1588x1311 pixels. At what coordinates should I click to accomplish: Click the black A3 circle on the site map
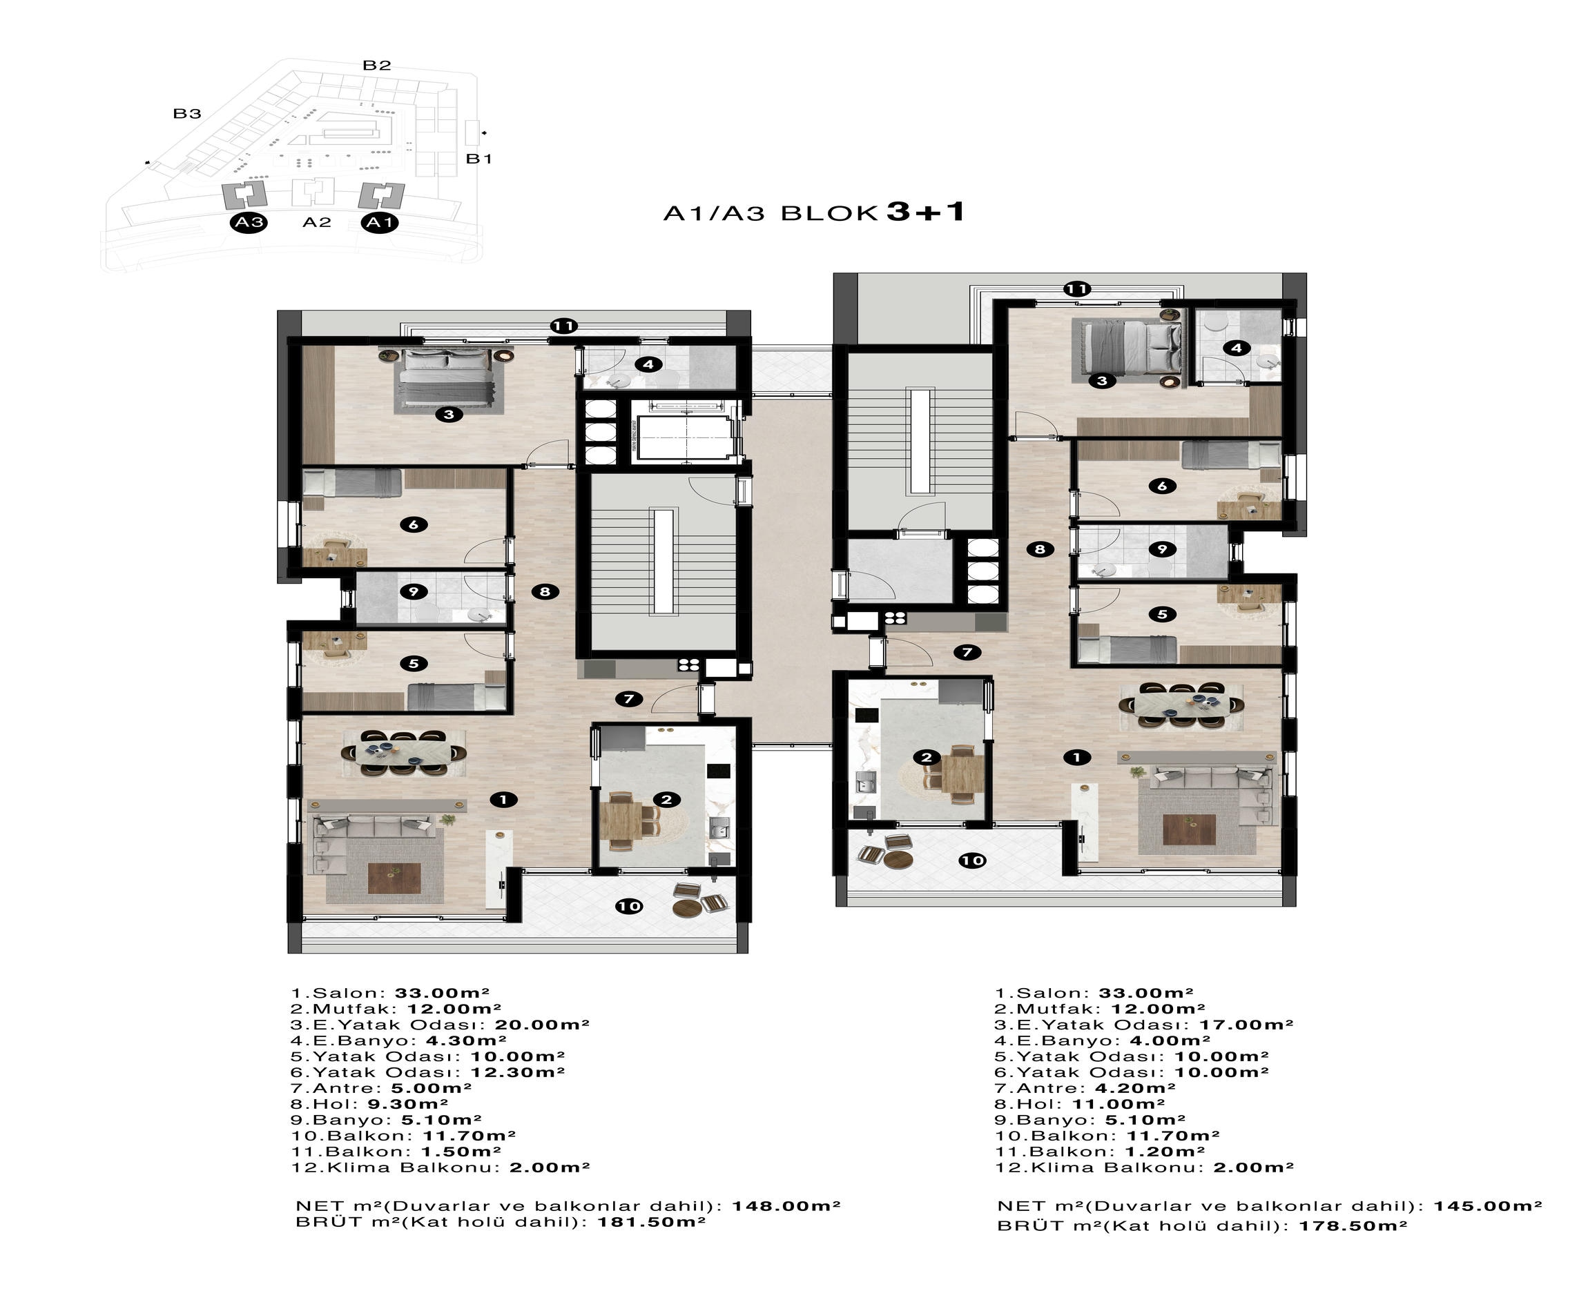pyautogui.click(x=249, y=223)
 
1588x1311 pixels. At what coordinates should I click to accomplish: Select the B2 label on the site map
pyautogui.click(x=376, y=66)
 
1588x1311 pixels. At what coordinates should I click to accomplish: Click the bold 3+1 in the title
pyautogui.click(x=925, y=211)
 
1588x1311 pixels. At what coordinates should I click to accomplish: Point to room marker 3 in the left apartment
pyautogui.click(x=449, y=414)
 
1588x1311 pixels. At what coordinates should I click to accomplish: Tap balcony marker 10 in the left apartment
pyautogui.click(x=629, y=906)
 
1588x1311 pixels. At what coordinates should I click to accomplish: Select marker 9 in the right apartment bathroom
pyautogui.click(x=1162, y=549)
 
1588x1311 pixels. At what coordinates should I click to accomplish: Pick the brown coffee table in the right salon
pyautogui.click(x=1188, y=829)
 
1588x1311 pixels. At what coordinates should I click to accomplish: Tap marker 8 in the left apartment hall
pyautogui.click(x=545, y=591)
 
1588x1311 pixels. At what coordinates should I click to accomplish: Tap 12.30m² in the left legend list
pyautogui.click(x=518, y=1072)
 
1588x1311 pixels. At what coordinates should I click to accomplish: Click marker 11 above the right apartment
pyautogui.click(x=1076, y=288)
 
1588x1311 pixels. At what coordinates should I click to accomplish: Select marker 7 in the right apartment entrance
pyautogui.click(x=967, y=652)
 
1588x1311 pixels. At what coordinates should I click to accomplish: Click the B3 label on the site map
pyautogui.click(x=187, y=114)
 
